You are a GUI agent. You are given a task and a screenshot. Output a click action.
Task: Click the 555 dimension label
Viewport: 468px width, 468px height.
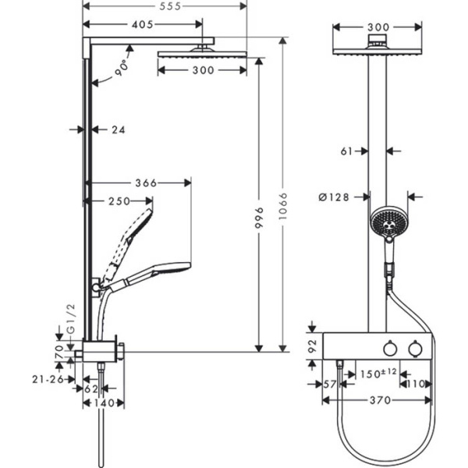click(165, 6)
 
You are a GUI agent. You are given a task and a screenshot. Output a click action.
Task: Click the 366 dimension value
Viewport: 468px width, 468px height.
click(146, 183)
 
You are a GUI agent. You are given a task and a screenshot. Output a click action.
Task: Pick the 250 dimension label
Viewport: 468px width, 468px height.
click(119, 201)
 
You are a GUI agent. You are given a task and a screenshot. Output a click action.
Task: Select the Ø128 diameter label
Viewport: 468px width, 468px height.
click(334, 197)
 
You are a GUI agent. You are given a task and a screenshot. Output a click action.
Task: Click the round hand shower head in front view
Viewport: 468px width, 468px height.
click(385, 222)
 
